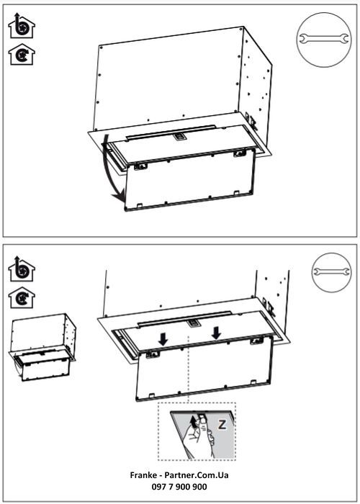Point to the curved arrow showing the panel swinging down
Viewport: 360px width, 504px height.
click(x=109, y=169)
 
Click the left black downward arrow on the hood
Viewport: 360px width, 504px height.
click(x=163, y=336)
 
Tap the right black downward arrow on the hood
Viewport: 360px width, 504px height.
click(x=217, y=333)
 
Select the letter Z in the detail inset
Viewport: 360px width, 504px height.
click(x=222, y=426)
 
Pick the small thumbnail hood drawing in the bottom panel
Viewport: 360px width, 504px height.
click(x=45, y=346)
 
